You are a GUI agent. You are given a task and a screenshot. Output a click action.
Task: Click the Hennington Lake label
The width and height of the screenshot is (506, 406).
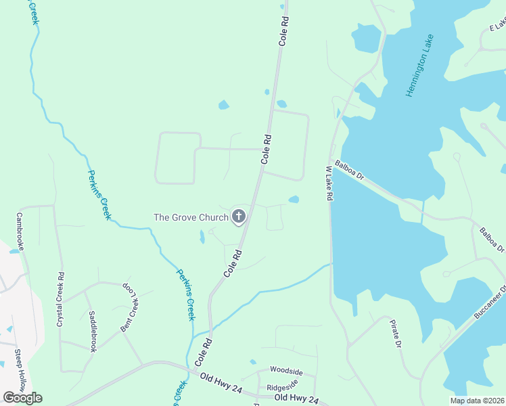click(419, 65)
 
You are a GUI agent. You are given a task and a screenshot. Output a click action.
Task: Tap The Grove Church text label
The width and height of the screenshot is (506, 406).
click(191, 217)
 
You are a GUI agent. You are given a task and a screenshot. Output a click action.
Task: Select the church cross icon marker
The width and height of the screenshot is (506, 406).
click(238, 217)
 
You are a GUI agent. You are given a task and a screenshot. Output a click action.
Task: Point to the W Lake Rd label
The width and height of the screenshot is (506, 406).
click(330, 183)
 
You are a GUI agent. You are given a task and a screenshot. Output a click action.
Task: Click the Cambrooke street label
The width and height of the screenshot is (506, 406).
click(20, 232)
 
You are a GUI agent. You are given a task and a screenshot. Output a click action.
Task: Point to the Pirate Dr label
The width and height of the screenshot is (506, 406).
click(396, 334)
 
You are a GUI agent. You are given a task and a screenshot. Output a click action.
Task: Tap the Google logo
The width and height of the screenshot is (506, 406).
click(22, 397)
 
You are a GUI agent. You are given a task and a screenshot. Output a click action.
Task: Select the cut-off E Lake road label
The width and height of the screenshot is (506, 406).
click(498, 25)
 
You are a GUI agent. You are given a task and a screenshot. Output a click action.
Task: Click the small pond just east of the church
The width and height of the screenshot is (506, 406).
click(294, 200)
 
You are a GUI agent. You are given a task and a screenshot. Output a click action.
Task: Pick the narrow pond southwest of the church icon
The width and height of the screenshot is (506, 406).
click(202, 237)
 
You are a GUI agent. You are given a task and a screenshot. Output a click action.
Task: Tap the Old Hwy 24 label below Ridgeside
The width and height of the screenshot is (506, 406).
click(296, 399)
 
